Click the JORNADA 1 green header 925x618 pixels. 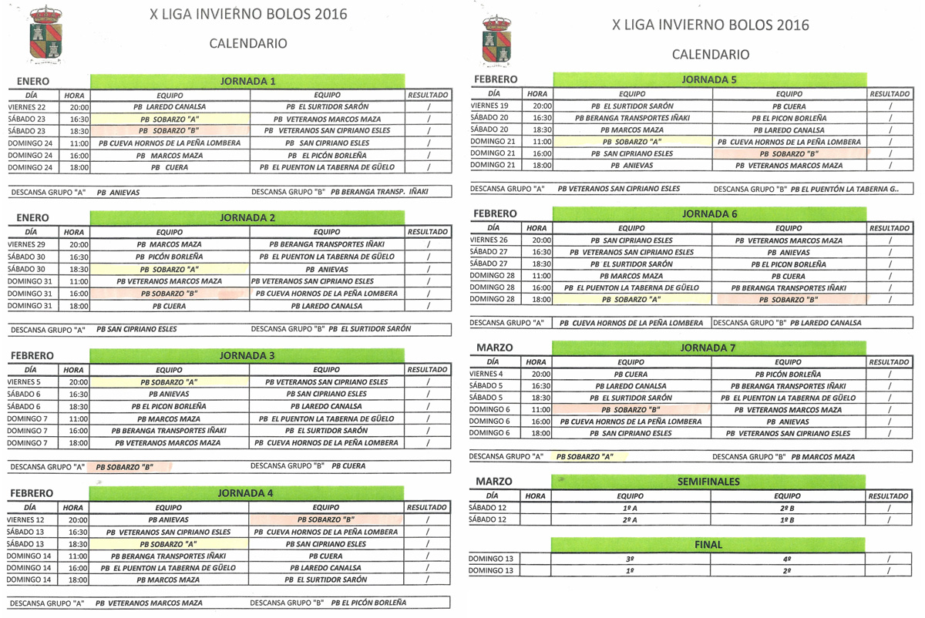247,81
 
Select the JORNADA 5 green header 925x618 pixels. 709,79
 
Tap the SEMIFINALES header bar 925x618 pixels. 708,482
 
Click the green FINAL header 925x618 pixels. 708,544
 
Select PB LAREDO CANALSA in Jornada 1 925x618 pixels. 169,107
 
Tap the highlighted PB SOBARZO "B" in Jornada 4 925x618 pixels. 326,519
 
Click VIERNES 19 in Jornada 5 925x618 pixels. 489,106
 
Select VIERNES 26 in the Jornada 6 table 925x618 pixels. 489,240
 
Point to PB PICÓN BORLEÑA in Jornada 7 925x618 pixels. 788,374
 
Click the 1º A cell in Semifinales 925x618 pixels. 630,508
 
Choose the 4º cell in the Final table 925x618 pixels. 787,559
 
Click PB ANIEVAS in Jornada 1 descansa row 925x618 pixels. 119,192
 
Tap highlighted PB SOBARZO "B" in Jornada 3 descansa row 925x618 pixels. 125,467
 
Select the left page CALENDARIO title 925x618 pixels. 248,44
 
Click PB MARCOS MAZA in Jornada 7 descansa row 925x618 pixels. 822,457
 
